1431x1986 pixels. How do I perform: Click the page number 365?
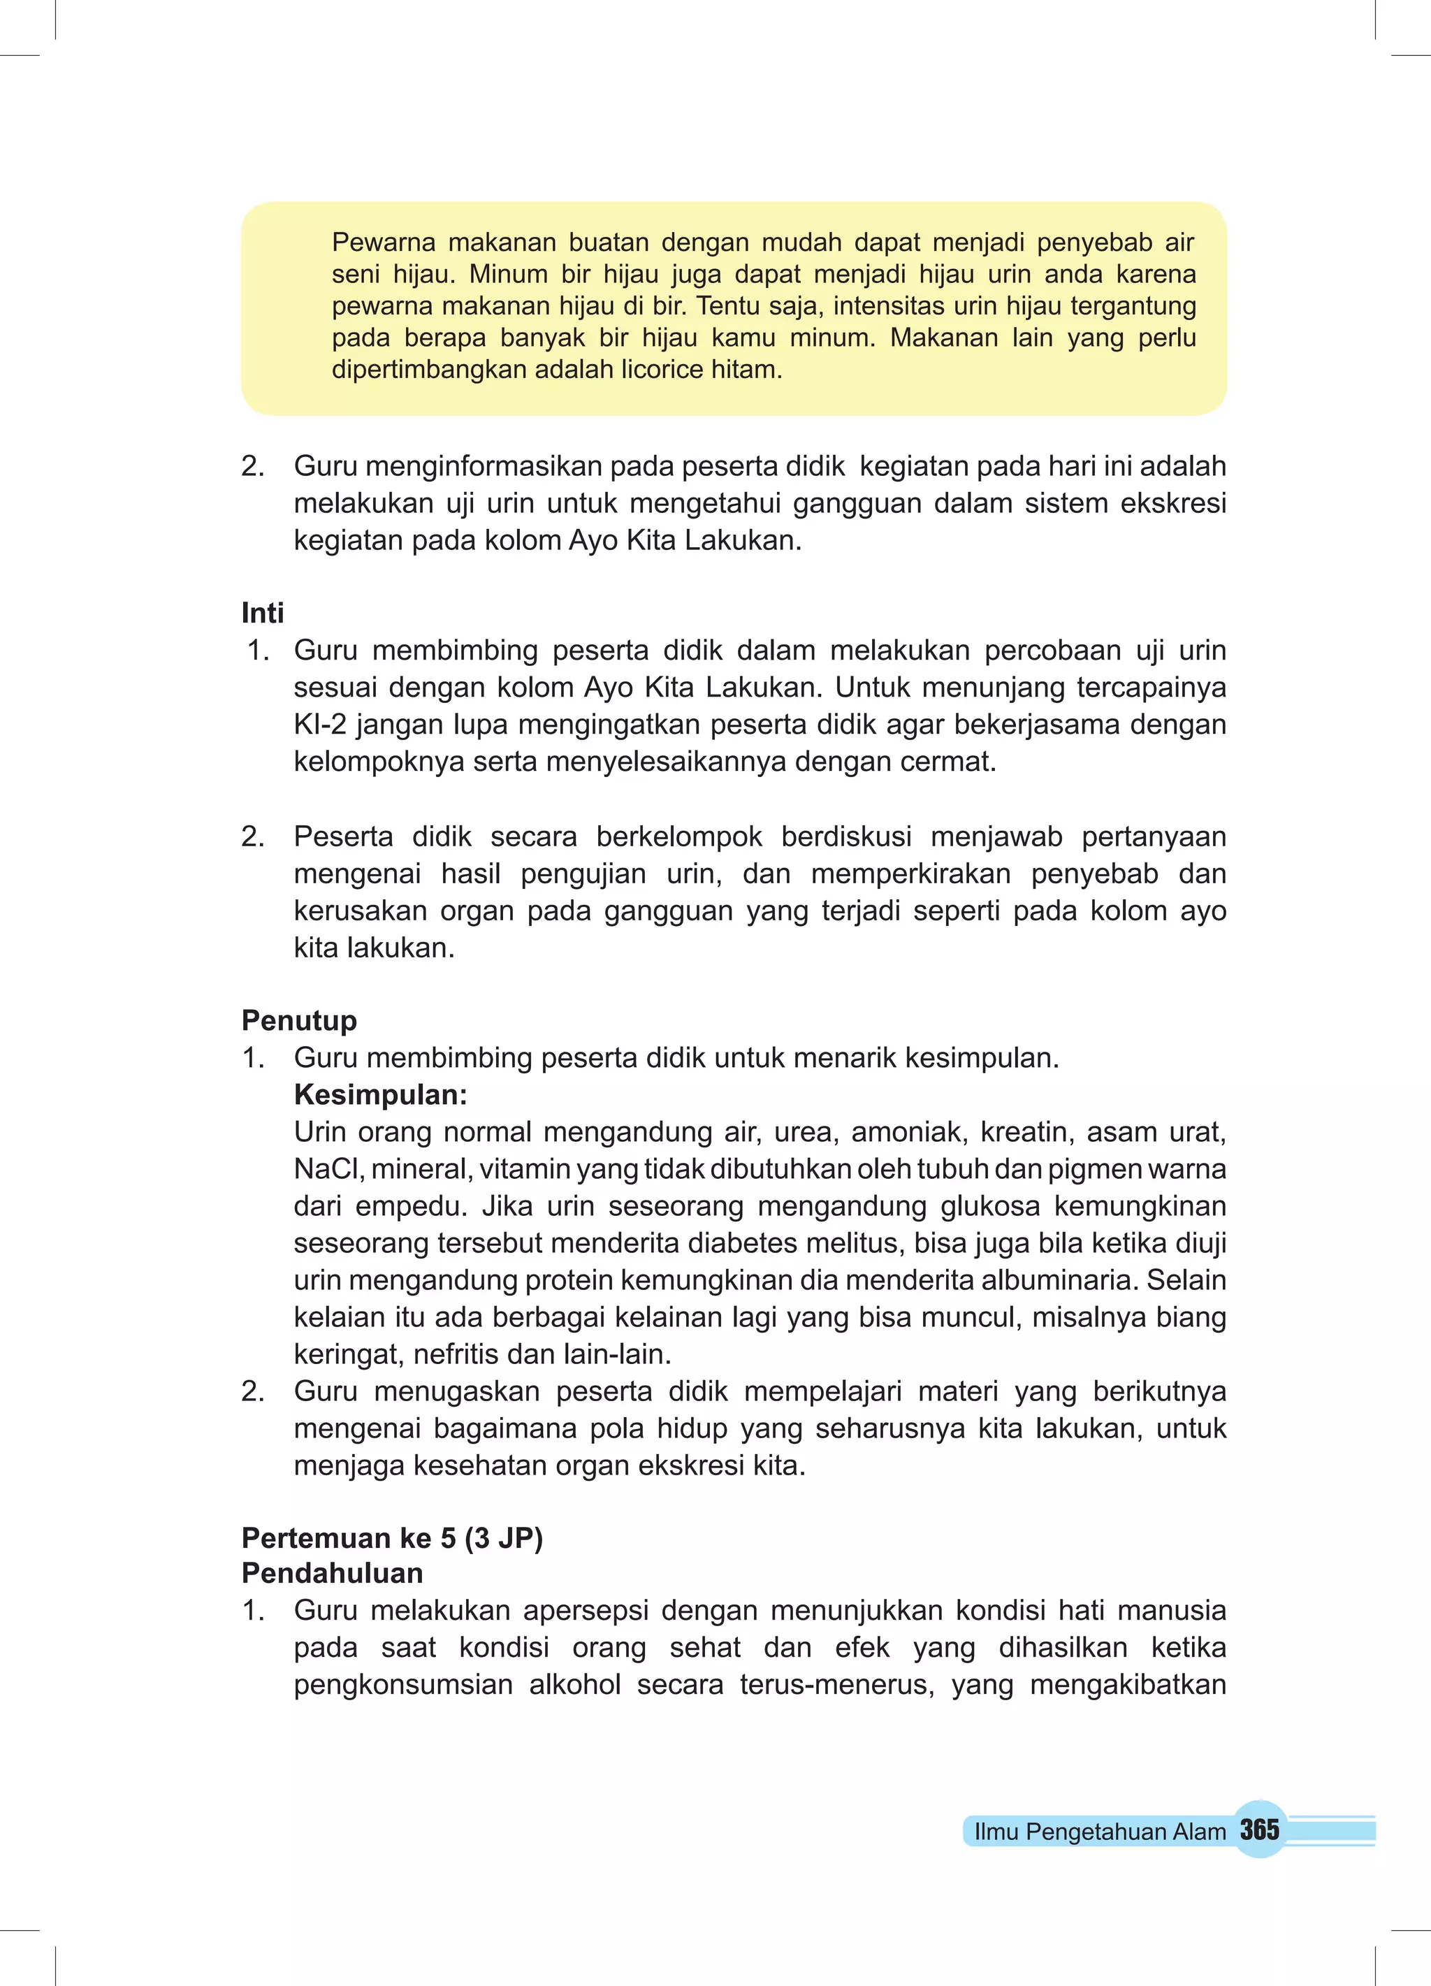[x=1259, y=1830]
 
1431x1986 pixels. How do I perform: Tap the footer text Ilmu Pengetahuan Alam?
[x=1099, y=1832]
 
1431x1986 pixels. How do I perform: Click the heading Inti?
[x=263, y=613]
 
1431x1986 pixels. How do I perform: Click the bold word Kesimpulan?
[x=381, y=1094]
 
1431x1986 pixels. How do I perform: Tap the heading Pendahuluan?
[x=333, y=1574]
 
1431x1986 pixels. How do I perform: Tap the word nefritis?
[x=456, y=1355]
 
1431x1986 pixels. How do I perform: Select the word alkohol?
[x=574, y=1685]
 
